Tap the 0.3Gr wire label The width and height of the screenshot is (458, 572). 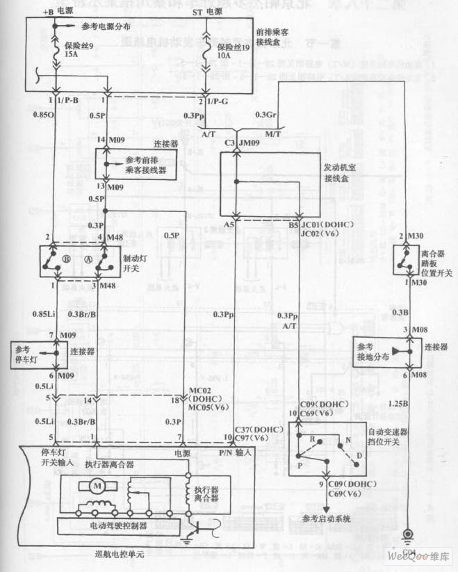265,115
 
